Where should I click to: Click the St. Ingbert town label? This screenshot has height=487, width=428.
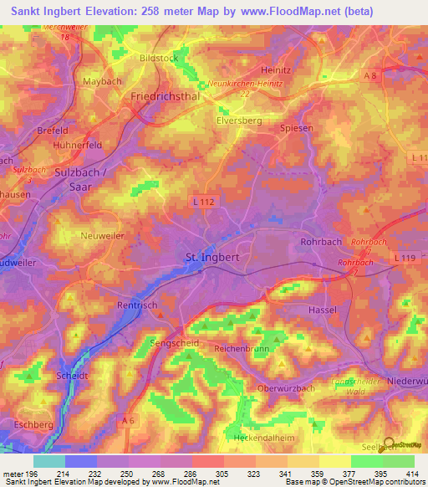[x=211, y=257]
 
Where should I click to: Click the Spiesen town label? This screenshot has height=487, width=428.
[x=314, y=128]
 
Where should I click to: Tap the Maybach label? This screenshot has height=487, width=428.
[x=103, y=81]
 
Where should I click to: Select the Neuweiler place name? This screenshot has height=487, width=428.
[x=102, y=237]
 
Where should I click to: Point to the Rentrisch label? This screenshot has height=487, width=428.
[x=137, y=305]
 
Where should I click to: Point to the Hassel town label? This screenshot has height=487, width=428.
[x=323, y=310]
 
